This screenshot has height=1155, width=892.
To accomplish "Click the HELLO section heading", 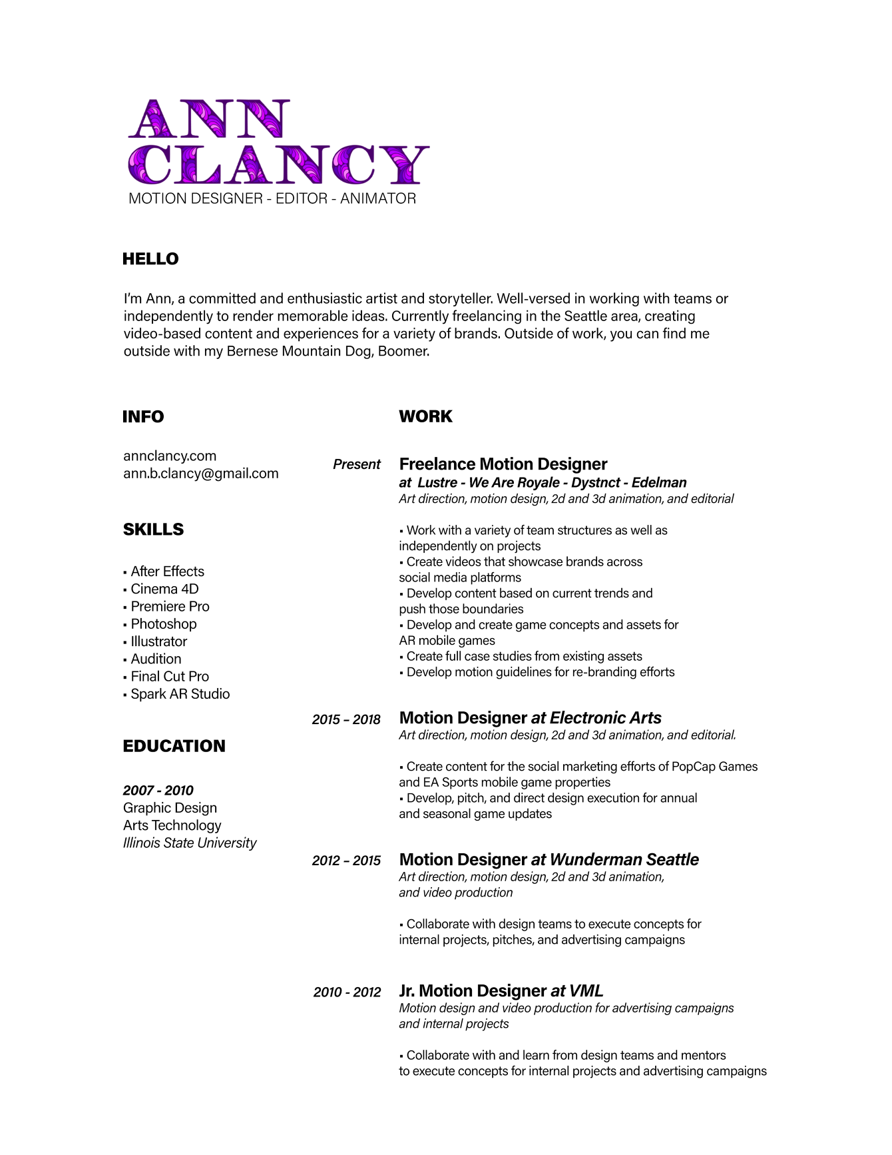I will point(150,259).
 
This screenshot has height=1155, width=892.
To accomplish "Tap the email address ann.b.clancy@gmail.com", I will point(200,474).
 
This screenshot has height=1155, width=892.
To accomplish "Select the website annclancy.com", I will point(170,456).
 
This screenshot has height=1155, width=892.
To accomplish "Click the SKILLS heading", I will point(153,530).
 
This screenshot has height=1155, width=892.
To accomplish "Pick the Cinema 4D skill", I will point(164,589).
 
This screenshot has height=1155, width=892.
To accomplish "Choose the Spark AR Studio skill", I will point(180,694).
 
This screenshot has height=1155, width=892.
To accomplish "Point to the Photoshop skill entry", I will point(163,624).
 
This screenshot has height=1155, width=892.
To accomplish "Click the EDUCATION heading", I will point(174,746).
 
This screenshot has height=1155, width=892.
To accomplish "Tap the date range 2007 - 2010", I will point(158,791).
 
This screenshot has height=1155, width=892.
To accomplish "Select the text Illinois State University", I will point(190,843).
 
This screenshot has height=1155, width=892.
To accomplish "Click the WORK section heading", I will point(425,416).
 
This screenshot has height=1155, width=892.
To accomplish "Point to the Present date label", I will point(357,464).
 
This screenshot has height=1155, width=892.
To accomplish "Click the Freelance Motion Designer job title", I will point(503,464).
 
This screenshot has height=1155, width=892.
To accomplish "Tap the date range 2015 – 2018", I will point(346,719).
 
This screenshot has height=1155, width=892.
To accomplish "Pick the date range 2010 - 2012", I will point(347,992).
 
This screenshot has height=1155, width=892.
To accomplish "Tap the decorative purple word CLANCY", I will point(278,165).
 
